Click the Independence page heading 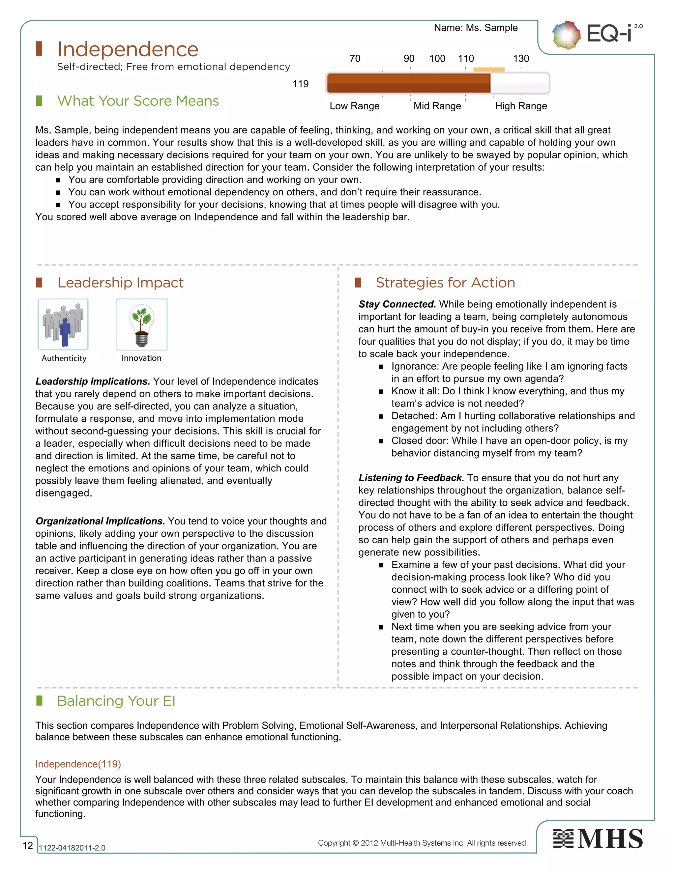[128, 49]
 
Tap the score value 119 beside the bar [300, 84]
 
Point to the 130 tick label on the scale [521, 59]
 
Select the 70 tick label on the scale [355, 59]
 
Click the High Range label [521, 106]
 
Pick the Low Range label [354, 106]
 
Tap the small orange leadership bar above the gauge [489, 70]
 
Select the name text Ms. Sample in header [476, 28]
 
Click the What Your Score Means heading [138, 101]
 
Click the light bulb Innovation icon [141, 324]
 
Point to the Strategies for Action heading [445, 283]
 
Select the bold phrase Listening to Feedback [411, 478]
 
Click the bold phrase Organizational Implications [100, 521]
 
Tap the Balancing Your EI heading [116, 701]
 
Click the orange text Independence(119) [78, 764]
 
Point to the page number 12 [28, 845]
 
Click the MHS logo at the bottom [598, 839]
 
